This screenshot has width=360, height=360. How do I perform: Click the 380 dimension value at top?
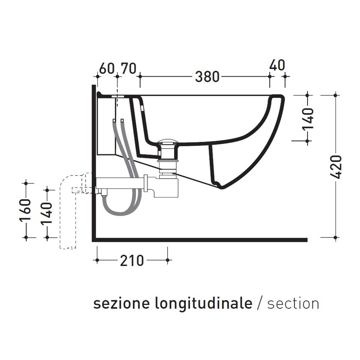[207, 77]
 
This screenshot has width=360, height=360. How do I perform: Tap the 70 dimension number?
[129, 68]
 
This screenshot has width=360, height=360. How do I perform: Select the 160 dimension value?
[26, 210]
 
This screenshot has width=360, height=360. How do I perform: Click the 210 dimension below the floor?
[132, 260]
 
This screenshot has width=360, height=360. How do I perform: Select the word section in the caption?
[293, 304]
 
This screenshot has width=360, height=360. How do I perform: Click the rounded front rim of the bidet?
[280, 100]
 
